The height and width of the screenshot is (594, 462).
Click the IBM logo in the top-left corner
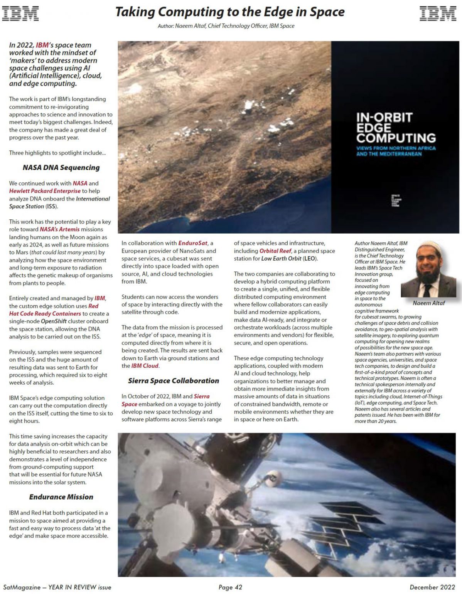(20, 13)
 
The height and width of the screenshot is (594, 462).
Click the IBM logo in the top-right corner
(438, 13)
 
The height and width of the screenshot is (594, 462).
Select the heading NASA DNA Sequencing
(61, 167)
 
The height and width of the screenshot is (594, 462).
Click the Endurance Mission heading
(61, 497)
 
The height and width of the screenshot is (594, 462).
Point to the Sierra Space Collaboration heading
(173, 380)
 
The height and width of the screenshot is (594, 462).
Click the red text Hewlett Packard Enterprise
(45, 191)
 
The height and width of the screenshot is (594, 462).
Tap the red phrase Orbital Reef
(275, 251)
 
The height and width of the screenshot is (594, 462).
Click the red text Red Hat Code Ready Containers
(45, 313)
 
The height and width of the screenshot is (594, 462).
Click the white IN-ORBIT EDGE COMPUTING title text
(396, 128)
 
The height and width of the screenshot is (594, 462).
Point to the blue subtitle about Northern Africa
(396, 151)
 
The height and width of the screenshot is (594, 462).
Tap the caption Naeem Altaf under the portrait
(428, 303)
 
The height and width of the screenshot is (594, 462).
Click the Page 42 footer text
(230, 587)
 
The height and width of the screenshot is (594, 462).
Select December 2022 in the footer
(432, 587)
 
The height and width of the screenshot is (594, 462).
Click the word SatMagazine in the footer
(22, 587)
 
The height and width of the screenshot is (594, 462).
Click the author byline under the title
(226, 26)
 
